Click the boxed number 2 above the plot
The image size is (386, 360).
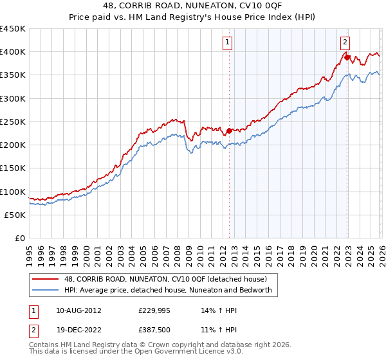point(345,42)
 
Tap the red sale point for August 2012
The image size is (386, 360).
point(229,130)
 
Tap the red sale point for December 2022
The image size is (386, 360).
point(347,57)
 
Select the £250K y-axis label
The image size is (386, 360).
point(13,122)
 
